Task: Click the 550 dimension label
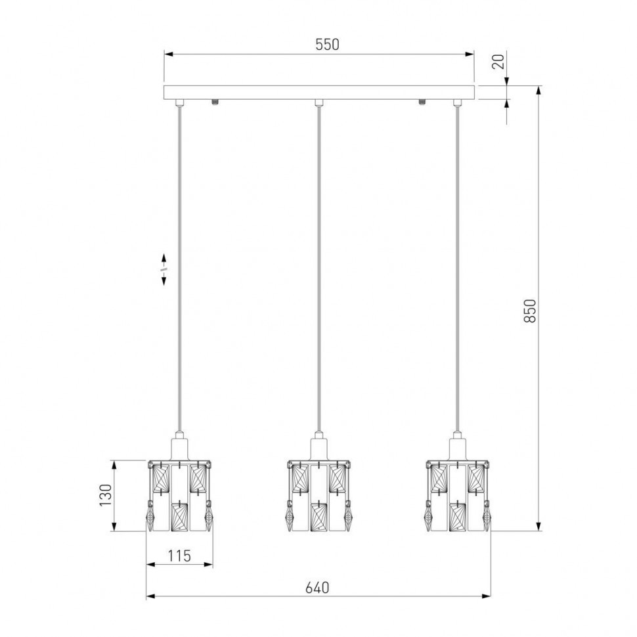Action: [x=327, y=44]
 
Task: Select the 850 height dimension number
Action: [x=530, y=311]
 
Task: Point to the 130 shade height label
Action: [x=106, y=495]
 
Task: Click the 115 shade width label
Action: [x=179, y=556]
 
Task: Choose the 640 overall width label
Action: [x=317, y=588]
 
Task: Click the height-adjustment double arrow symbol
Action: [x=164, y=269]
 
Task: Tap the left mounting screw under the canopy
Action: [x=215, y=102]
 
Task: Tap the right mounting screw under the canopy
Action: [x=422, y=102]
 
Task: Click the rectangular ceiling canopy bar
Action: [x=319, y=93]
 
